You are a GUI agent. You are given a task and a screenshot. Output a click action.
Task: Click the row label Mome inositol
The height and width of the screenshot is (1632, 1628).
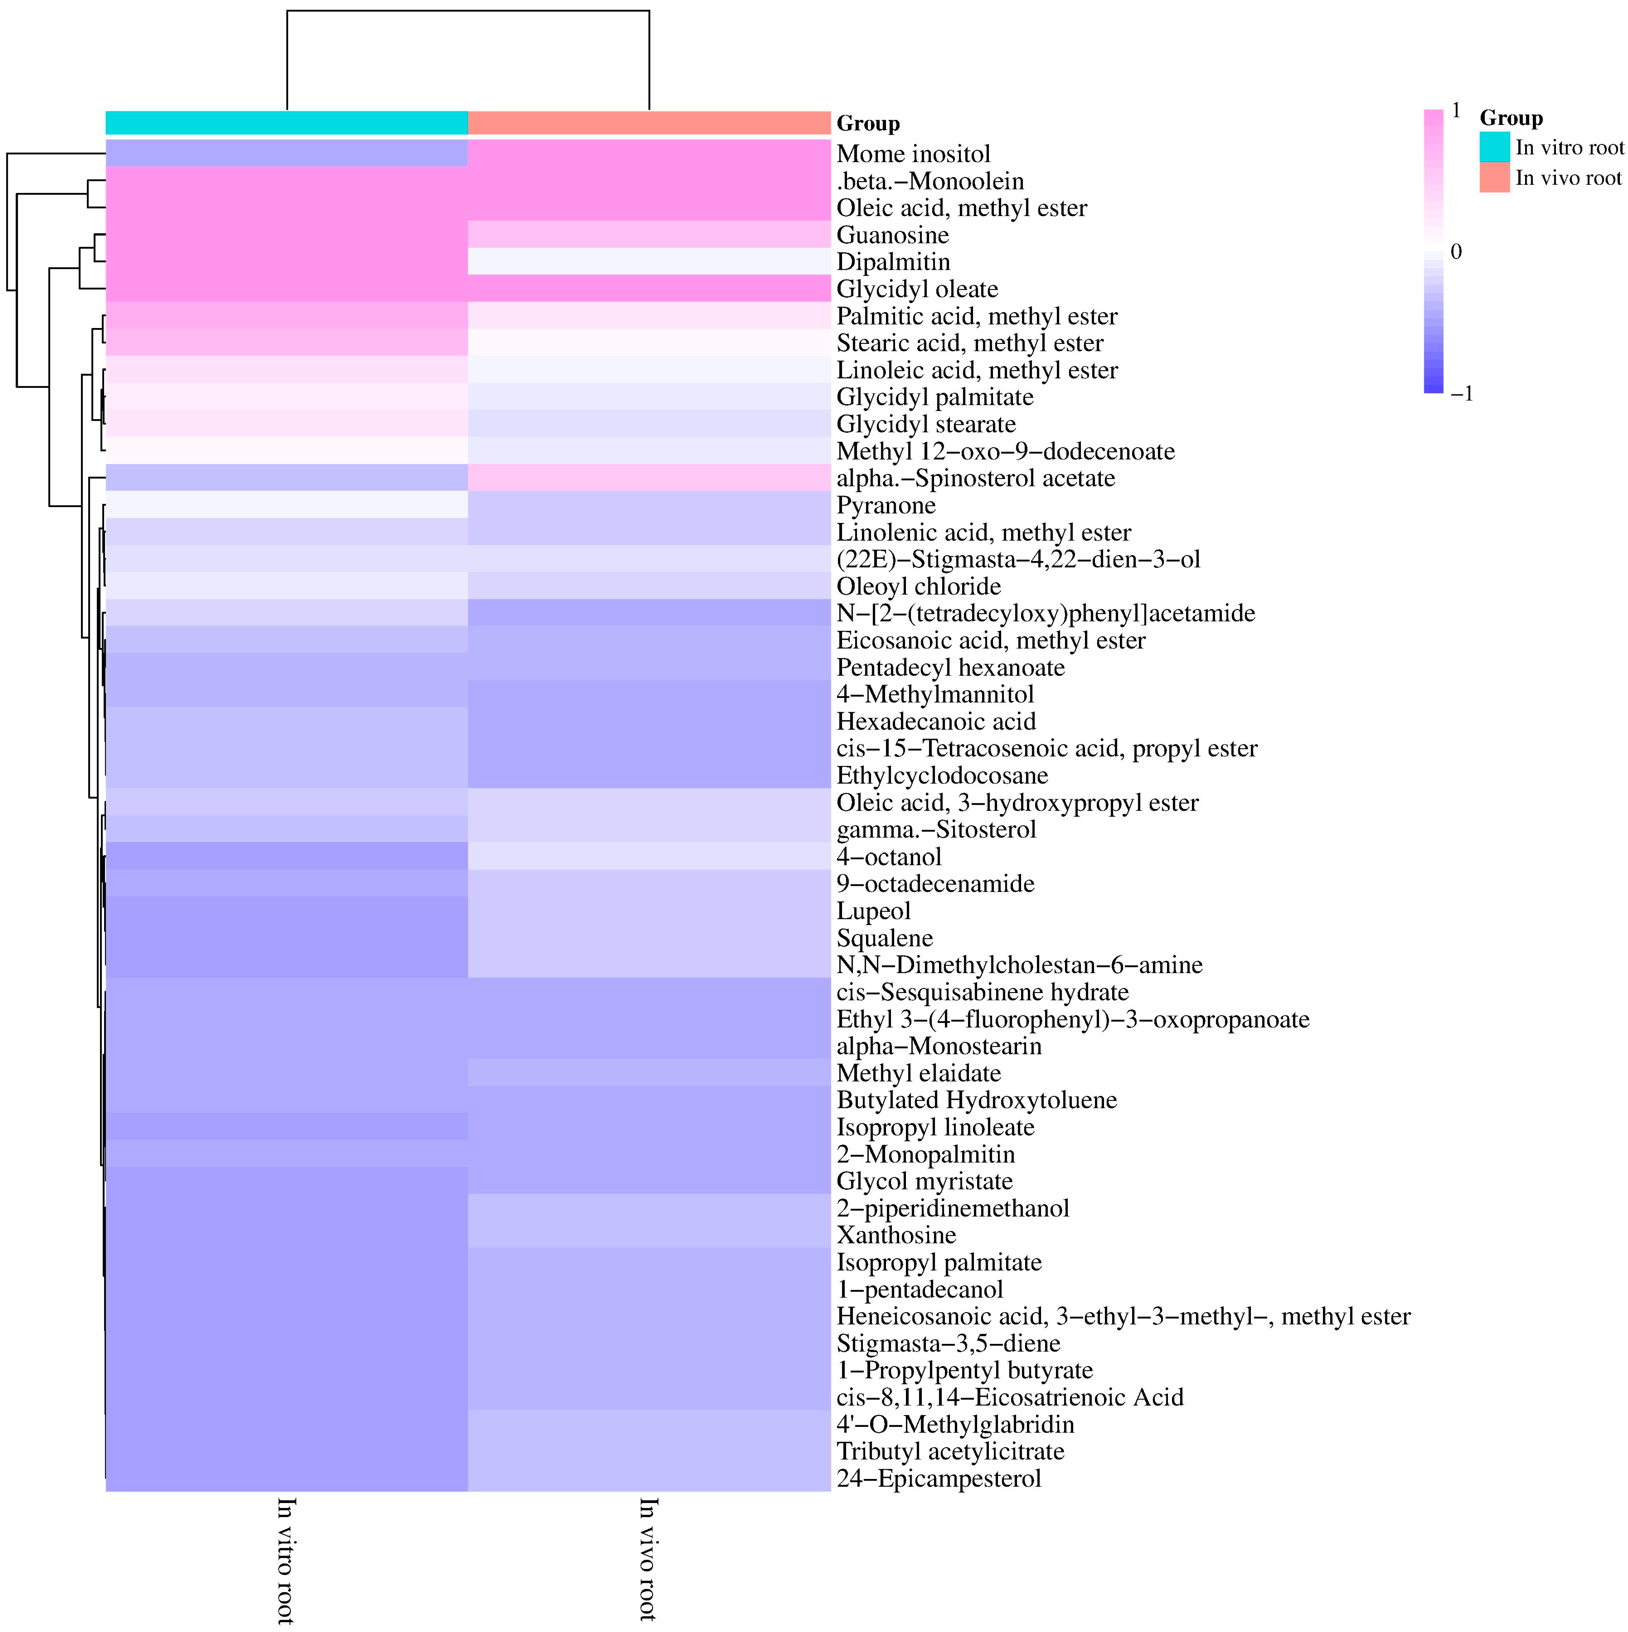pos(913,154)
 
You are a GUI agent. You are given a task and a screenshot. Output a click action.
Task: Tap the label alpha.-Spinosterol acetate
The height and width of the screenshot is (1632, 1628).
pos(975,478)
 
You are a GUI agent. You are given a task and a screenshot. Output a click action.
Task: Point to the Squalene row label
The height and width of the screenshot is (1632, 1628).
pos(884,938)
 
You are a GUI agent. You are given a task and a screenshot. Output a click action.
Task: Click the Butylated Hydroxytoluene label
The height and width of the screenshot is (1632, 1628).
pos(976,1100)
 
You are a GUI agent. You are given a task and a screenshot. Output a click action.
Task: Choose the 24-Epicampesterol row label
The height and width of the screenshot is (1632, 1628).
pos(938,1478)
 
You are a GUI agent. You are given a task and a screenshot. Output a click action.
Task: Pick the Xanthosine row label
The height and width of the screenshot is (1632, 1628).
pos(896,1235)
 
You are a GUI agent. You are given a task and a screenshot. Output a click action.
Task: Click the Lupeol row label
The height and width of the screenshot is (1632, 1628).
pos(873,910)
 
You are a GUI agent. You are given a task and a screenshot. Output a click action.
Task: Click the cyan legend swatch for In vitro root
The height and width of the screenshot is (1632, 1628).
pos(1494,147)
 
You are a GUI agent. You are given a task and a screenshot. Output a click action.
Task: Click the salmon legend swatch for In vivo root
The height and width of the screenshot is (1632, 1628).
pos(1494,177)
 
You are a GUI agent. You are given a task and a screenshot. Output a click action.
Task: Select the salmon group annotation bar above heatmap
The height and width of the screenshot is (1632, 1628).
pos(648,123)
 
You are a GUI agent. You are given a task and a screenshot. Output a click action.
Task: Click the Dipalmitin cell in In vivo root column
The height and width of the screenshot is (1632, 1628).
pos(648,262)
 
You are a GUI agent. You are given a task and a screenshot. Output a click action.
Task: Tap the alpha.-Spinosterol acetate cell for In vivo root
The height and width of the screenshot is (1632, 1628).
pos(648,478)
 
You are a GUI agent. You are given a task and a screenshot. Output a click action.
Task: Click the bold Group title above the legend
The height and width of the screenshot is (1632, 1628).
pos(1510,118)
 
